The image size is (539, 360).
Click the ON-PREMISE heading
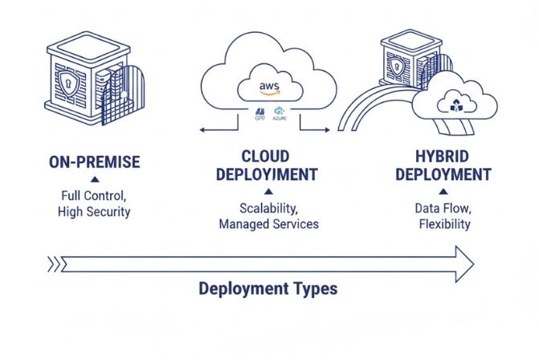coord(94,162)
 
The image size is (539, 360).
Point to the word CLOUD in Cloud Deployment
coord(266,155)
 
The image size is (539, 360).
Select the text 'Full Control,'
coord(94,195)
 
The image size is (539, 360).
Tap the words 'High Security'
coord(94,211)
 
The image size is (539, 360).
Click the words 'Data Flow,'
coord(443,207)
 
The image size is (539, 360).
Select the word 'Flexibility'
coord(443,224)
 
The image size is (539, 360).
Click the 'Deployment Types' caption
coord(267,288)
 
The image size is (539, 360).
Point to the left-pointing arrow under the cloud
coord(205,129)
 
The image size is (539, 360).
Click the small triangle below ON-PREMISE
coord(94,179)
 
